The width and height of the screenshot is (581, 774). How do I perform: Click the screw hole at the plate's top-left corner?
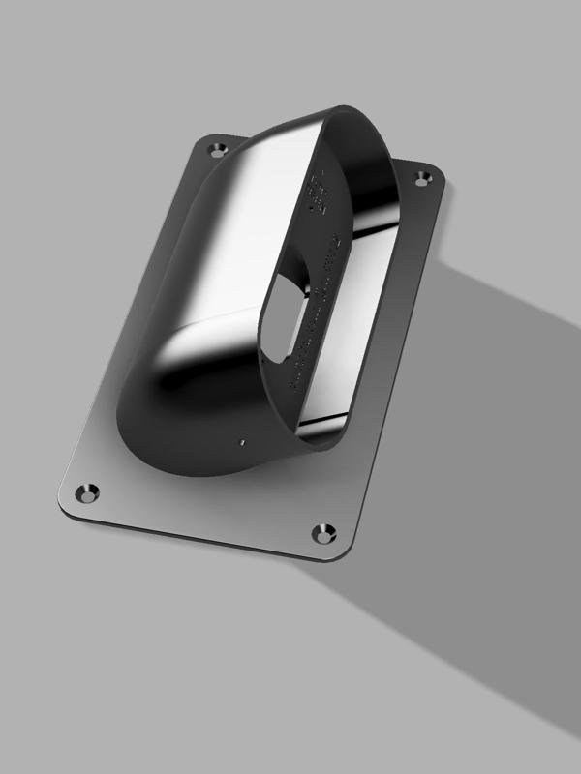[x=217, y=148]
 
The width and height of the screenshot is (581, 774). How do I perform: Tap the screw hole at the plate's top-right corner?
[x=422, y=178]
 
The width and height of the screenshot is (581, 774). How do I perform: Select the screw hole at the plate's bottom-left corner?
[x=89, y=492]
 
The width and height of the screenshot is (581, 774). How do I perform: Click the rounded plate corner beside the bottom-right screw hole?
[x=343, y=555]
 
